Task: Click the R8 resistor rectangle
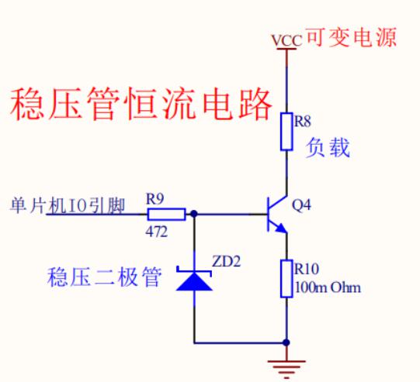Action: tap(286, 131)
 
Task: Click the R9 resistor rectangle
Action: tap(166, 214)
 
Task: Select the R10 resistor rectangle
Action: tap(286, 278)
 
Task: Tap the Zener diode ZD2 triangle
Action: tap(194, 280)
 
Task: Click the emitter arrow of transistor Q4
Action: tap(281, 228)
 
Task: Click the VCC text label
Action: tap(287, 40)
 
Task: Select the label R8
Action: tap(303, 122)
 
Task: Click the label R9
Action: tap(154, 199)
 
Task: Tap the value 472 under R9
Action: tap(157, 232)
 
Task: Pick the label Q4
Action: tap(301, 205)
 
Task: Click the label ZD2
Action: tap(227, 261)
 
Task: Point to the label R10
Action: tap(307, 269)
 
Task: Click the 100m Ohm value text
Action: tap(328, 287)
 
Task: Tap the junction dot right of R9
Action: tap(193, 214)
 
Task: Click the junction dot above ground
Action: tap(286, 342)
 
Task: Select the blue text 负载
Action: tap(328, 148)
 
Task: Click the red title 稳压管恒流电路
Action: tap(141, 104)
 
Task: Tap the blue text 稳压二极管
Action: tap(105, 277)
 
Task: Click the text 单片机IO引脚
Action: tap(68, 206)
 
